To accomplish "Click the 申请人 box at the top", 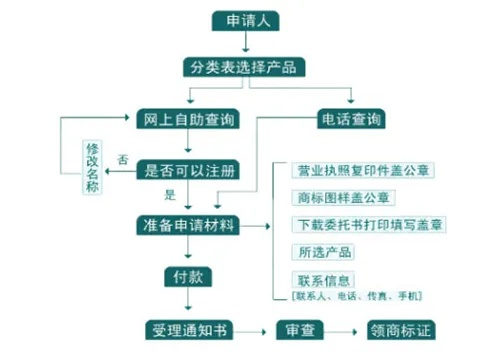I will click(244, 21).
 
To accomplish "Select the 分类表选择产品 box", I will click(244, 67).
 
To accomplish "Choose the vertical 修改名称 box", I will click(93, 166).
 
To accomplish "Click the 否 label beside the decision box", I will click(123, 159).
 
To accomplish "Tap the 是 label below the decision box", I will click(169, 194).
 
